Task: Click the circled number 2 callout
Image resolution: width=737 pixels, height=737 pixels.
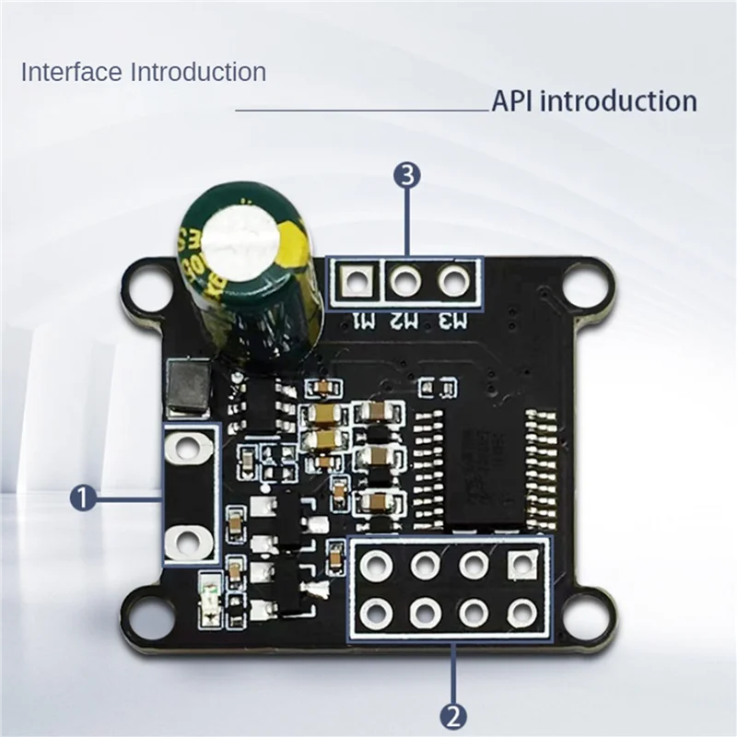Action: point(455,712)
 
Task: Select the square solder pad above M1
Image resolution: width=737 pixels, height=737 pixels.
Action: point(356,279)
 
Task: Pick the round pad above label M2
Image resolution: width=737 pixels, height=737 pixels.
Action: point(404,279)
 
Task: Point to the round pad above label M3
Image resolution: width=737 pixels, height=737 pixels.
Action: point(452,279)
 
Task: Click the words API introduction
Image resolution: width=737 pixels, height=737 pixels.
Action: point(593,100)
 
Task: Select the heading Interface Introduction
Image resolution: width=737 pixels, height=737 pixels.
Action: point(144,71)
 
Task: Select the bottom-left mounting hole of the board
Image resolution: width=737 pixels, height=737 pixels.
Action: point(145,610)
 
